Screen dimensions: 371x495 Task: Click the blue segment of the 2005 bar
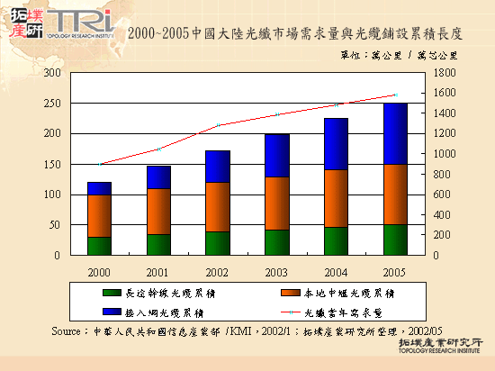394,133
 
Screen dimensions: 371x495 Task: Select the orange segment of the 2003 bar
277,203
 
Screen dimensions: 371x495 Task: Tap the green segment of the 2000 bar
99,246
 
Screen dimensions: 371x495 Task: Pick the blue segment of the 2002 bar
219,166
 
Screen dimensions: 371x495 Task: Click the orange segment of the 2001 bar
159,211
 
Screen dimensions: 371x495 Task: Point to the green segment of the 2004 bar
336,240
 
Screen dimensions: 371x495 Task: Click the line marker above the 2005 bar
394,95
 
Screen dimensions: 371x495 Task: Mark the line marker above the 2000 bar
99,164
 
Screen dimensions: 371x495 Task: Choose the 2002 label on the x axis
219,269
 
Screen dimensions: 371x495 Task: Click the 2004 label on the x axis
336,269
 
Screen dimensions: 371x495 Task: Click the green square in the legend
113,293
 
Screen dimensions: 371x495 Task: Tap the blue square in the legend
113,312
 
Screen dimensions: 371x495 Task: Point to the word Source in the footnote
70,330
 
